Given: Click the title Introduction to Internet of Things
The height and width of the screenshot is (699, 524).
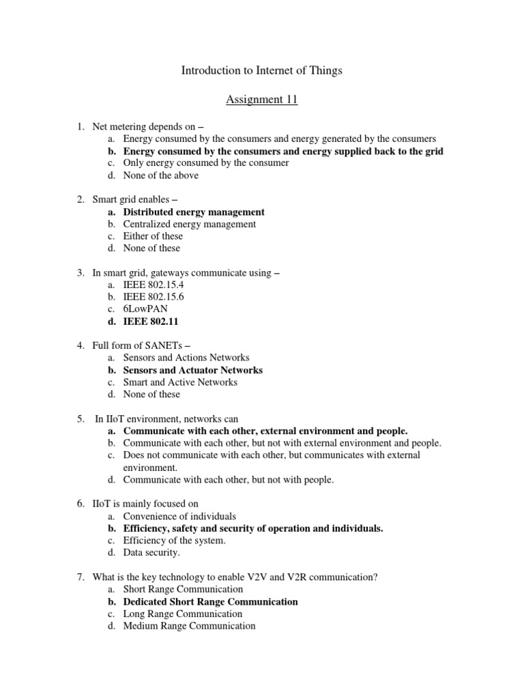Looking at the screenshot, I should pos(262,70).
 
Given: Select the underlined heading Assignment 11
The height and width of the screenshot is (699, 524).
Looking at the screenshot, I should pos(262,100).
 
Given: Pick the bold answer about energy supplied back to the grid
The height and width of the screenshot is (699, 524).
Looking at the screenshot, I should pos(283,151).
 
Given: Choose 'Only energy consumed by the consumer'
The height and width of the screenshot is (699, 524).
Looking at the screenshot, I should pos(206,163).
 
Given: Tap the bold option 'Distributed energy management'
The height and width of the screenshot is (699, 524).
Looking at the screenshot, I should pos(194,212).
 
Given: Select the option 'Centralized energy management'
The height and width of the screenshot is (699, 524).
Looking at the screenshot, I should pos(190,224).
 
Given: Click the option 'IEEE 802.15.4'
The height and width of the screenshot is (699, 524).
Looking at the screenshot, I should pos(154,285).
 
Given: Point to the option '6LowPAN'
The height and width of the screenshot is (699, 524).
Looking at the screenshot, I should pos(145,309).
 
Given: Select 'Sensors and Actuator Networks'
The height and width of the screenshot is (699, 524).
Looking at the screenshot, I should pos(192,370).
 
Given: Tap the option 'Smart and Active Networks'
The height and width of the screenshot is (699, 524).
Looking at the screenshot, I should pos(180,382).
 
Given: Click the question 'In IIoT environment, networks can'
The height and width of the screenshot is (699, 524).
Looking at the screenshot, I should pos(166,418).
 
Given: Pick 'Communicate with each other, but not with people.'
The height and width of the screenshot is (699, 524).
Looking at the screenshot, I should pos(229,480).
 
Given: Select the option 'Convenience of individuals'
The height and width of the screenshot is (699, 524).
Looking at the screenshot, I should pos(179,517).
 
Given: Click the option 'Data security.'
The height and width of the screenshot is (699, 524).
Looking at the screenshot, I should pos(151,553).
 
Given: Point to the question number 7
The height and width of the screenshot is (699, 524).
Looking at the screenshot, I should pos(80,577).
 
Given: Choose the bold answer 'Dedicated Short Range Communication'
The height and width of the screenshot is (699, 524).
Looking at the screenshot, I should pos(210,602).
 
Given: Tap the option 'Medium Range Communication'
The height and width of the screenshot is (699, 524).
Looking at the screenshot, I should pos(189,626).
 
